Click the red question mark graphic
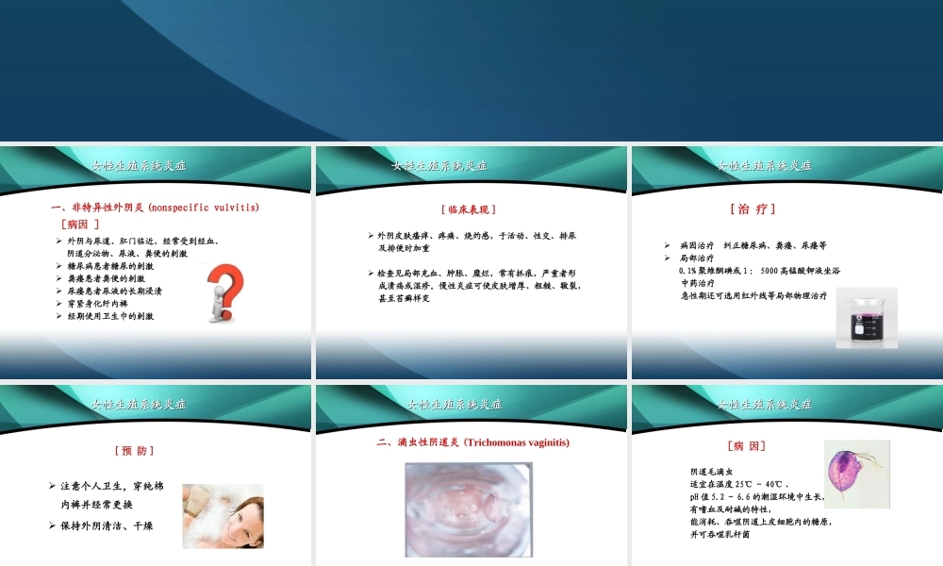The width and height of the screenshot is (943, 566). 225,293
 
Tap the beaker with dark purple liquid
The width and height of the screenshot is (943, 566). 867,318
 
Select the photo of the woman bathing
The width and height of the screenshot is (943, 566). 223,515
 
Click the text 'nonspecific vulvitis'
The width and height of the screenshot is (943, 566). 203,207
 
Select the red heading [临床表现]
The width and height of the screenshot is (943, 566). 469,208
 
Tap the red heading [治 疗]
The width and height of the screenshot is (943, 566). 753,208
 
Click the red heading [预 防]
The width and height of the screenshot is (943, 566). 134,450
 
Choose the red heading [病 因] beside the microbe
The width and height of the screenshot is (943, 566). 746,444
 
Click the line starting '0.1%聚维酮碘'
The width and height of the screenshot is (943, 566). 759,270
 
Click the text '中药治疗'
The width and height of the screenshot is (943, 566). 697,282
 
